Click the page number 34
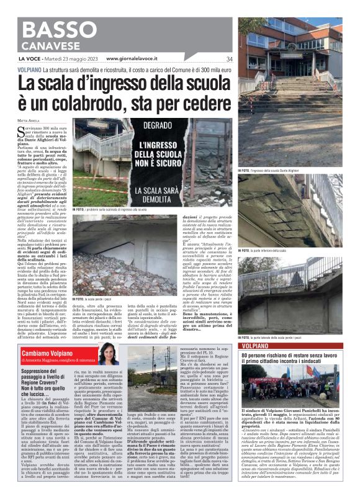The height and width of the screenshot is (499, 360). pos(228,59)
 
